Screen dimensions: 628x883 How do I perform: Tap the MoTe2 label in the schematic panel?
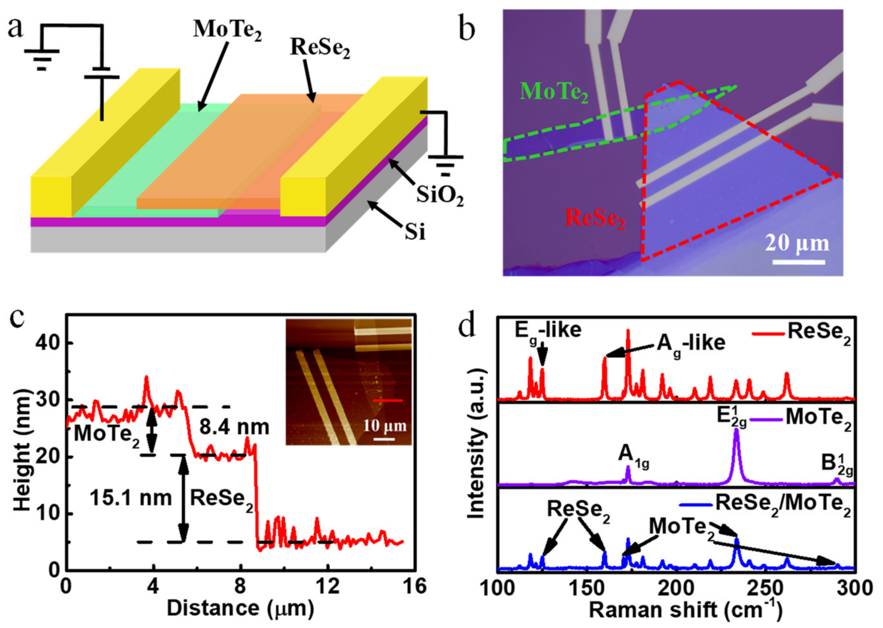pos(228,30)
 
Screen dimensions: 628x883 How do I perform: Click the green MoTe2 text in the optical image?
pos(554,92)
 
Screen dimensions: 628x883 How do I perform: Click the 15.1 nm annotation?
pos(131,498)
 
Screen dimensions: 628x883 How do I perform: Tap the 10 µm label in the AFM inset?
pos(384,426)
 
